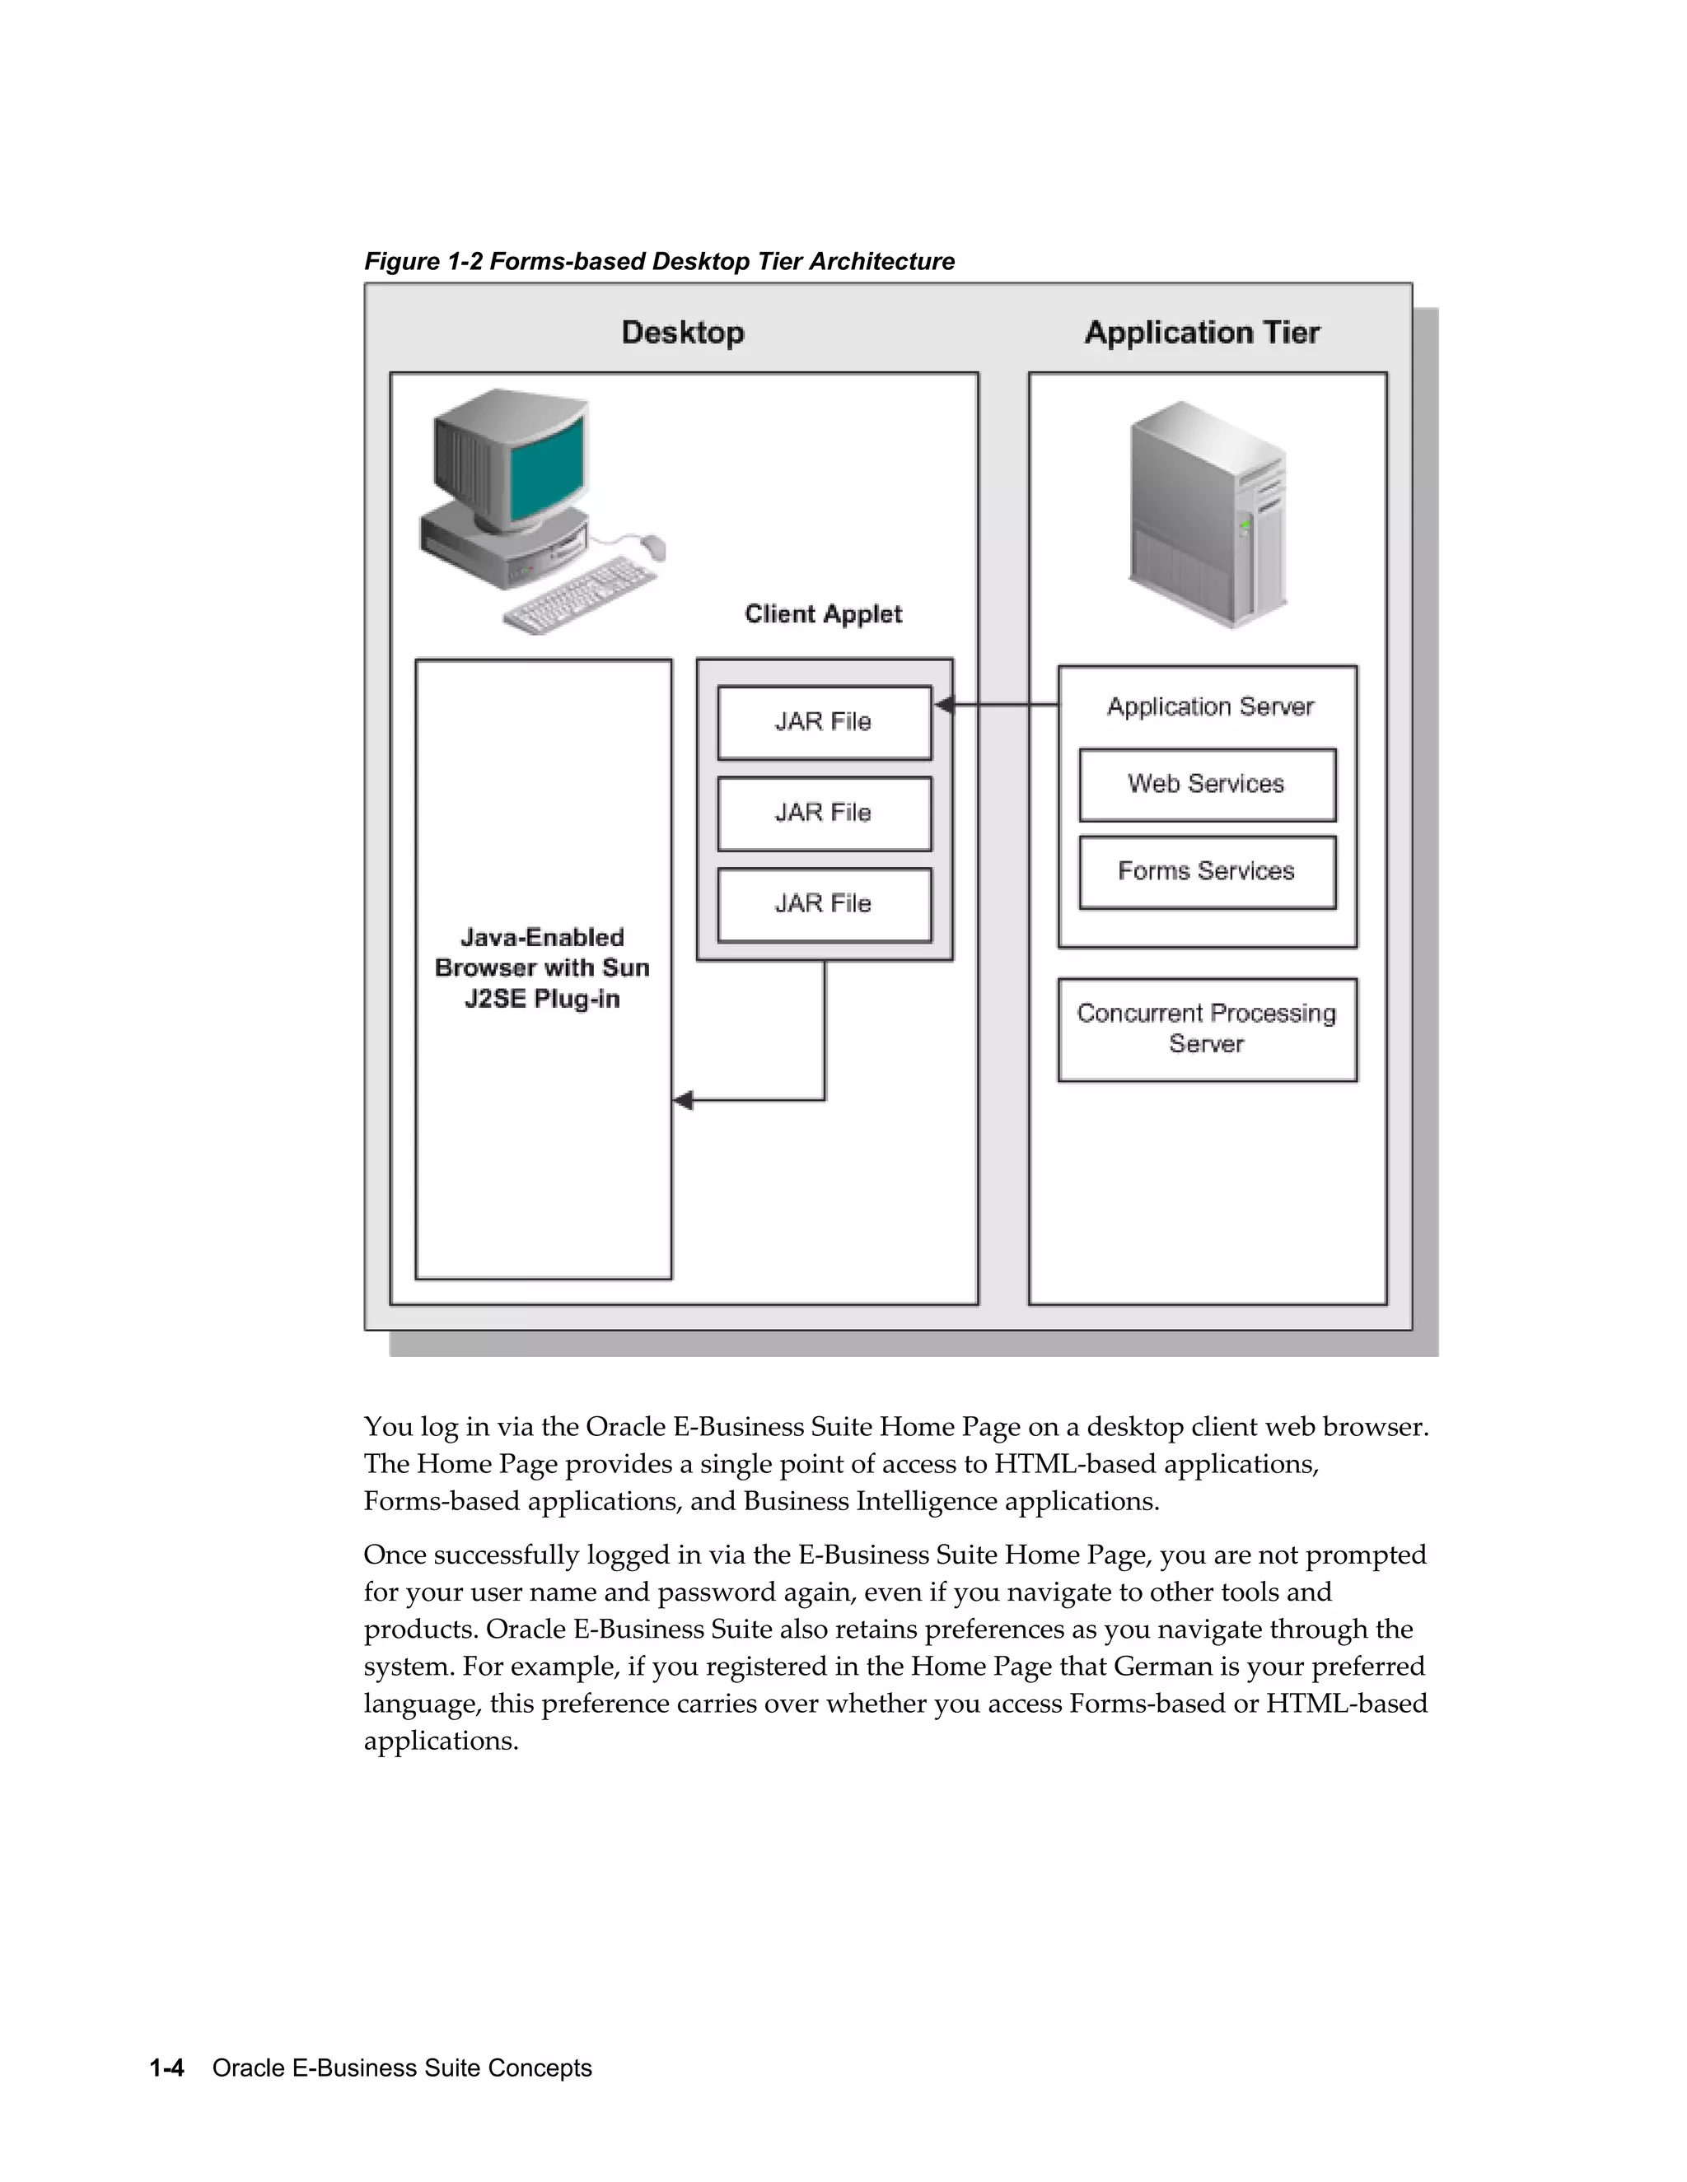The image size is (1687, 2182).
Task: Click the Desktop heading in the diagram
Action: (x=683, y=333)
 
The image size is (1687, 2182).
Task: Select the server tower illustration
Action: (x=1208, y=514)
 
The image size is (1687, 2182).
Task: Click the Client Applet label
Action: (x=823, y=613)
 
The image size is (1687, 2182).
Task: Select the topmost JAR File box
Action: (x=824, y=721)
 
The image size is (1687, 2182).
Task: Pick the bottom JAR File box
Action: (x=824, y=903)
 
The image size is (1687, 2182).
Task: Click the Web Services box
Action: (x=1206, y=784)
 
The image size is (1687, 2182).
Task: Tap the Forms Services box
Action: (x=1206, y=871)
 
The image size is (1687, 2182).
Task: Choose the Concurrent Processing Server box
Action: (x=1206, y=1029)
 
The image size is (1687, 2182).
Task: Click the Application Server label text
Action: (x=1209, y=707)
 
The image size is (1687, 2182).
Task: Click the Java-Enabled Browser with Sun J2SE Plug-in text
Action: (x=542, y=967)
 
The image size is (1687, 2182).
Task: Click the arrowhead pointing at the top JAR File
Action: (x=942, y=706)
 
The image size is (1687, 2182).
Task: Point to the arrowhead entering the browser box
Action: (x=684, y=1100)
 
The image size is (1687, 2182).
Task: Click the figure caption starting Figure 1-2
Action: (x=659, y=262)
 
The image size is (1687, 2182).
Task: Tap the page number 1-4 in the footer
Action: (x=167, y=2068)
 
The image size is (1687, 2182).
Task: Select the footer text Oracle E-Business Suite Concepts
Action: (x=402, y=2068)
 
